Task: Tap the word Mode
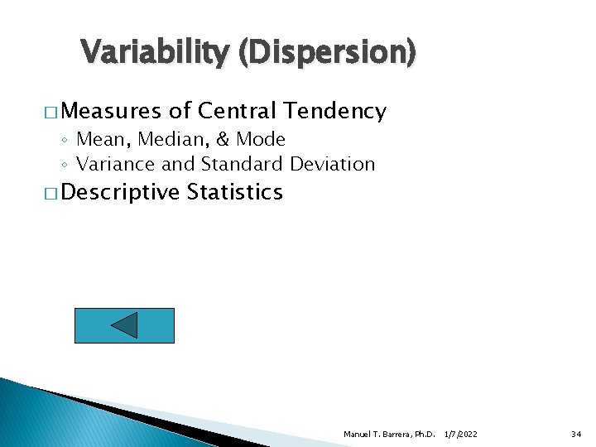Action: point(257,139)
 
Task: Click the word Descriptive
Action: point(120,193)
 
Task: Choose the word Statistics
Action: point(235,193)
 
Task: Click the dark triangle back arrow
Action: point(124,325)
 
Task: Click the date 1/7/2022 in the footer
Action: point(461,435)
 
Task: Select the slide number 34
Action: point(576,435)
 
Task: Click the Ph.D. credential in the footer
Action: point(423,435)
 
